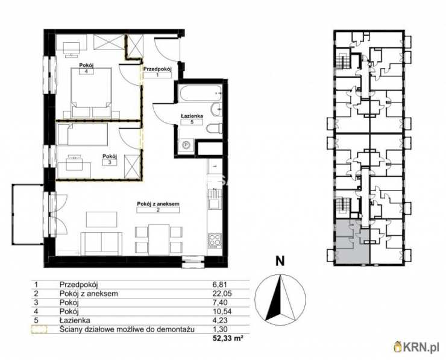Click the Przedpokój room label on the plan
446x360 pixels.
point(158,69)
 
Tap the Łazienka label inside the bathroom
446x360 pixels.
point(192,116)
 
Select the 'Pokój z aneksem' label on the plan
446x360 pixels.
point(158,204)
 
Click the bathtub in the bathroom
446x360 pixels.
point(200,93)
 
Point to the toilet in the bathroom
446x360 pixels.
point(214,129)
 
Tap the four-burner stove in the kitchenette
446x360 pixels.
point(215,241)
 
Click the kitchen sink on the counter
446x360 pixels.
point(215,199)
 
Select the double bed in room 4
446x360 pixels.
point(91,92)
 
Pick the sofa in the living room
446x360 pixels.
point(101,244)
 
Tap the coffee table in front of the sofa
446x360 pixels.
point(101,219)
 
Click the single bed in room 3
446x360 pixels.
point(83,134)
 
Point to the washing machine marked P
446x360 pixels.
point(186,145)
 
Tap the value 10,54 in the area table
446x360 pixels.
point(222,311)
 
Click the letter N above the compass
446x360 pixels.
point(280,261)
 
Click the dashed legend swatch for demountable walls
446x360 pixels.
point(39,330)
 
